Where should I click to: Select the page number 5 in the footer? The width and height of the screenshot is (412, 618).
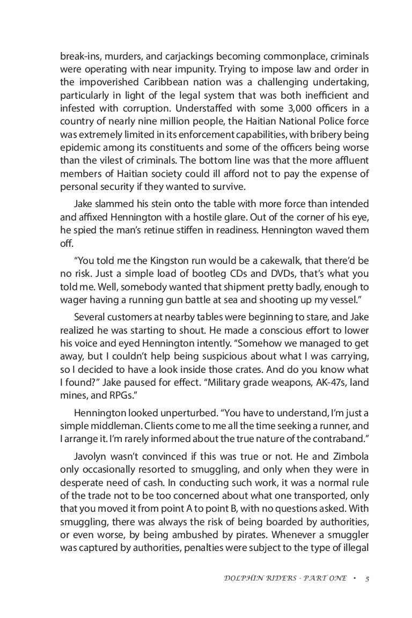pos(367,579)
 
